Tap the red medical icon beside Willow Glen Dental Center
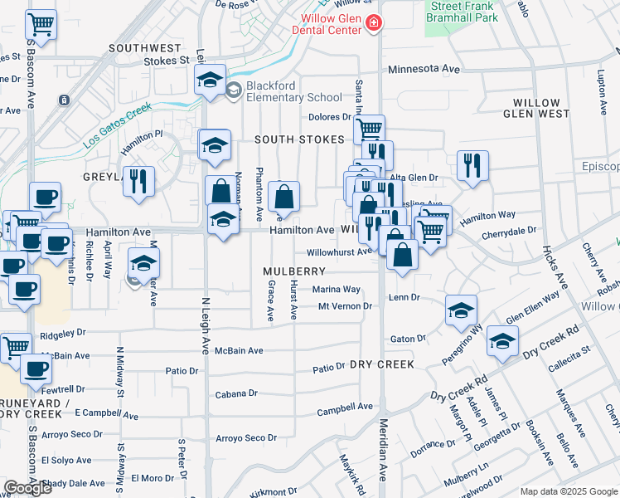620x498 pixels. click(x=375, y=22)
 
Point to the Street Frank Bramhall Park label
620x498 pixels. click(x=473, y=12)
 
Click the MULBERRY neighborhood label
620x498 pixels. click(x=293, y=271)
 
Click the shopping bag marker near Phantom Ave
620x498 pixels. click(x=283, y=196)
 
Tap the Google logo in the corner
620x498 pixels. click(x=27, y=488)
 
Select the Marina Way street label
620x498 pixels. click(x=336, y=290)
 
